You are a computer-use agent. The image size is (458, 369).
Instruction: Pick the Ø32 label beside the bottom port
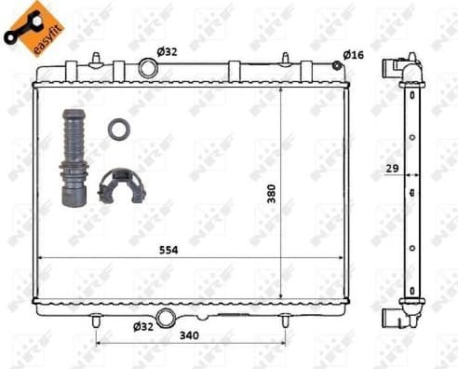click(x=142, y=326)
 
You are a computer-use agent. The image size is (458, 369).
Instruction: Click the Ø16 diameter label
click(x=353, y=55)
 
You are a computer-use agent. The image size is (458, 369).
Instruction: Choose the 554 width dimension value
click(x=167, y=250)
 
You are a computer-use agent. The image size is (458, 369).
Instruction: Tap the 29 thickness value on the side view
click(x=395, y=170)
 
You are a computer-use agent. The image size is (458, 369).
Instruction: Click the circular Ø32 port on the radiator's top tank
click(x=149, y=68)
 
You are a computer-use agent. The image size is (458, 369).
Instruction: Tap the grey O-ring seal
click(x=117, y=129)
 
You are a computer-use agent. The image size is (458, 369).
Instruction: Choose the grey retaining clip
click(x=121, y=185)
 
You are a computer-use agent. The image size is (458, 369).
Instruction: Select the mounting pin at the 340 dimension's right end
click(x=285, y=320)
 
